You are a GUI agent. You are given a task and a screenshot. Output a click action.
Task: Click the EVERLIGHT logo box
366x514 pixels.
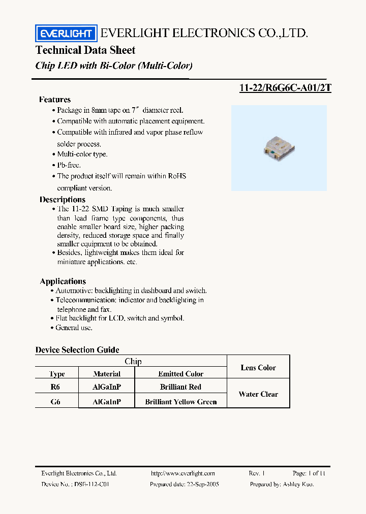click(x=65, y=34)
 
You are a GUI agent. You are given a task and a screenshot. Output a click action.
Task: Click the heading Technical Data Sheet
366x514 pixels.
click(x=85, y=50)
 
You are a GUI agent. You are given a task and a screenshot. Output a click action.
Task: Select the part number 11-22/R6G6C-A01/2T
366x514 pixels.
click(x=285, y=87)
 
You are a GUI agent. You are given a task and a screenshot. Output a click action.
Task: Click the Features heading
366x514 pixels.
click(x=55, y=100)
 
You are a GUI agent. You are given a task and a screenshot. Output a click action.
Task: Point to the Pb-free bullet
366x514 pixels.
click(x=69, y=165)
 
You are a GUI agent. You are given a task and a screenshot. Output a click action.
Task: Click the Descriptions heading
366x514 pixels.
click(x=63, y=200)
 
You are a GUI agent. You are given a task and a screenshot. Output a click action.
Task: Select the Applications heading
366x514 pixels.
click(x=63, y=281)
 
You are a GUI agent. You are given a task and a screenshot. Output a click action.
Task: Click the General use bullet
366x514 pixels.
click(x=74, y=328)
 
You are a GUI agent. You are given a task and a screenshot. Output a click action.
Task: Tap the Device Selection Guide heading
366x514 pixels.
click(x=77, y=350)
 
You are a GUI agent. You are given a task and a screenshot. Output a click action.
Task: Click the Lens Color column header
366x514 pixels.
click(x=258, y=367)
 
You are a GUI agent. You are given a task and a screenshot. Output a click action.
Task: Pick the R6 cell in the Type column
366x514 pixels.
click(x=56, y=387)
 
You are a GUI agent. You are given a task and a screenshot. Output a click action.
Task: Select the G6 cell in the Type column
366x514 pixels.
click(x=56, y=402)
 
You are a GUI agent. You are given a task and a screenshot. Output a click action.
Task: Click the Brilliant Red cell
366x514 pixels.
click(x=180, y=387)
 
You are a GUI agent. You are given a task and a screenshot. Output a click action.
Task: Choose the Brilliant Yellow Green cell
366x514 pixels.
click(x=180, y=402)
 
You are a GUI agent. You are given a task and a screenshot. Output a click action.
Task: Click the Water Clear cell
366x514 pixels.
click(x=258, y=394)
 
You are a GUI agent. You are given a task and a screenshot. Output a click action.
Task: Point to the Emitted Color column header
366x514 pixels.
click(x=180, y=374)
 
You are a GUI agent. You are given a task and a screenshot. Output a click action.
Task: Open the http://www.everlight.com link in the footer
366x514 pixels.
click(x=183, y=473)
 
